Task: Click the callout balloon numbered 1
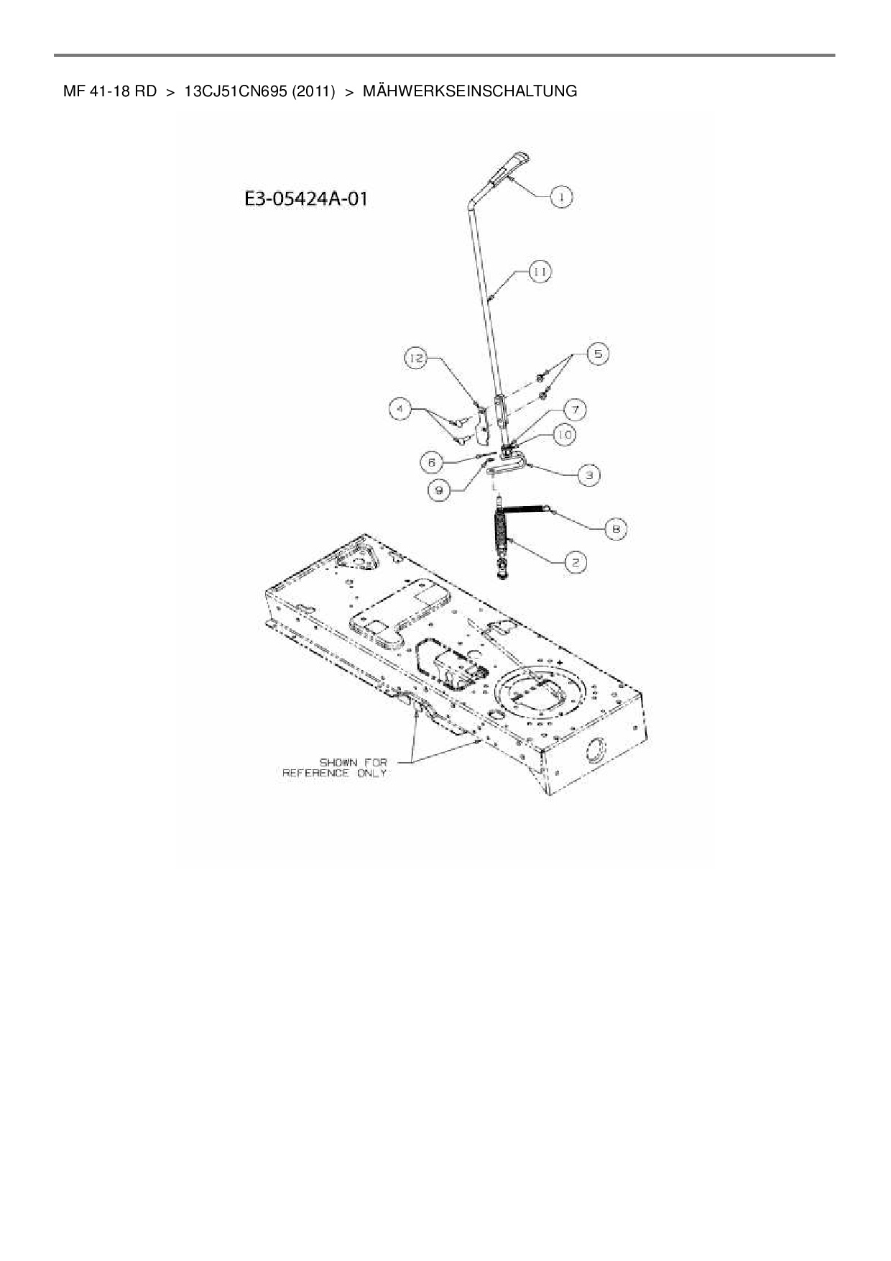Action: (561, 196)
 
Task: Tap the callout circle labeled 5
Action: (598, 354)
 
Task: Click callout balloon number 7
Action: (575, 410)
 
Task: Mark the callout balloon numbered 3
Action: (588, 475)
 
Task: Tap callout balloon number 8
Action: (616, 529)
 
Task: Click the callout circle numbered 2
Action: (575, 562)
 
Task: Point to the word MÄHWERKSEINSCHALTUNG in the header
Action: (470, 91)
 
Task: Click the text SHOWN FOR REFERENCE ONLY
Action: (335, 767)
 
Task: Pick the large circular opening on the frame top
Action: (537, 693)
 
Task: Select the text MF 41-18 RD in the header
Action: (110, 91)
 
